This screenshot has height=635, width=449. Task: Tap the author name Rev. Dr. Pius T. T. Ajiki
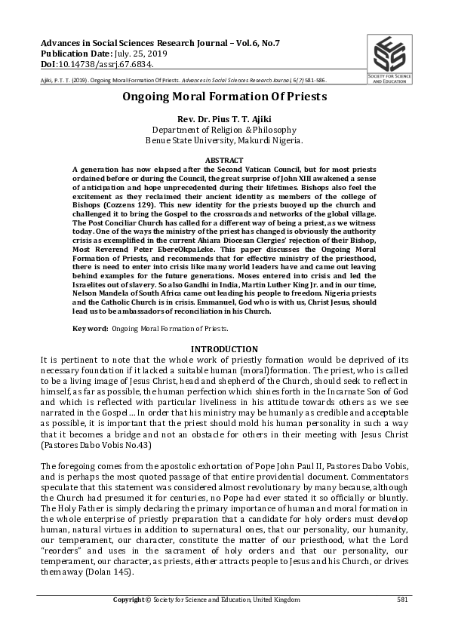(224, 119)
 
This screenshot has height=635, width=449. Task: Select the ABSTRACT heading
(224, 161)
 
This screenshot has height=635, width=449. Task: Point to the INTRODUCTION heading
(224, 349)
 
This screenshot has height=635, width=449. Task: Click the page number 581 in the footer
(402, 600)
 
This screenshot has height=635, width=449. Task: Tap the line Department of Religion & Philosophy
(224, 130)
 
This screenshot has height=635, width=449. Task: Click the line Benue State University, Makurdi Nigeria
(224, 140)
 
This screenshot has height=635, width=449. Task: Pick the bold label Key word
(89, 329)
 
